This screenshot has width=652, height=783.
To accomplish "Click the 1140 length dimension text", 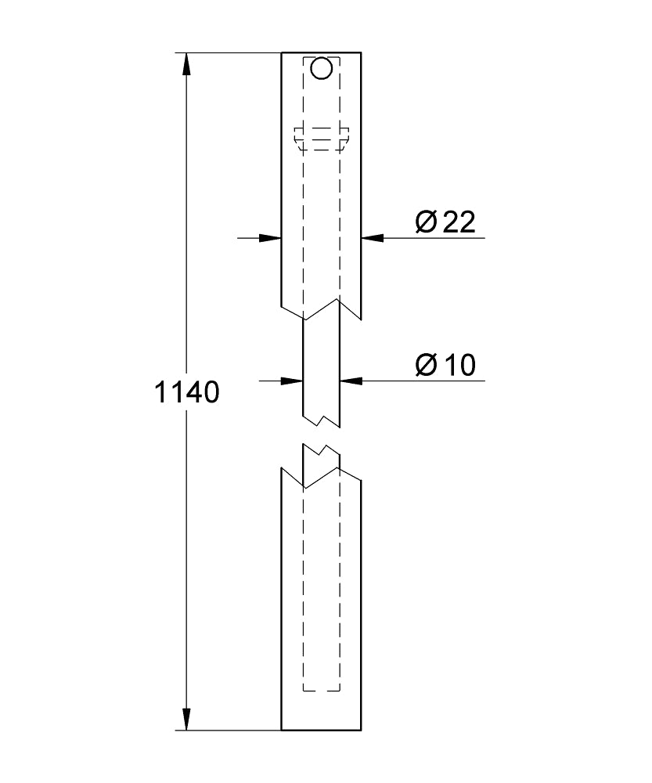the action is coord(187,392).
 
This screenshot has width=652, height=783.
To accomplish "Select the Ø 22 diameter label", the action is coord(445,222).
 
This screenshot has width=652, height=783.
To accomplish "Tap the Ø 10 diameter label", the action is coord(445,365).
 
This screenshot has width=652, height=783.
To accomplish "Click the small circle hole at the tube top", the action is coord(321,68).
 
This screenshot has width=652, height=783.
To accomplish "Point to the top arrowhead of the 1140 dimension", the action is coord(186,64).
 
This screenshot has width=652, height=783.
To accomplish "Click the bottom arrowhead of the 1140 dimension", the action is coord(186,719).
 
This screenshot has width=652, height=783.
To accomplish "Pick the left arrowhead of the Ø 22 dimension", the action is coord(270,238).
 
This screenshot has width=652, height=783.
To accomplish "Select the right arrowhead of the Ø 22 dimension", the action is coord(373,238).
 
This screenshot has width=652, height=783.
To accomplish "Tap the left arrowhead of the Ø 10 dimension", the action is coord(292,381).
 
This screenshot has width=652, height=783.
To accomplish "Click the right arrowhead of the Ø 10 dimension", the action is coord(351,381).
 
